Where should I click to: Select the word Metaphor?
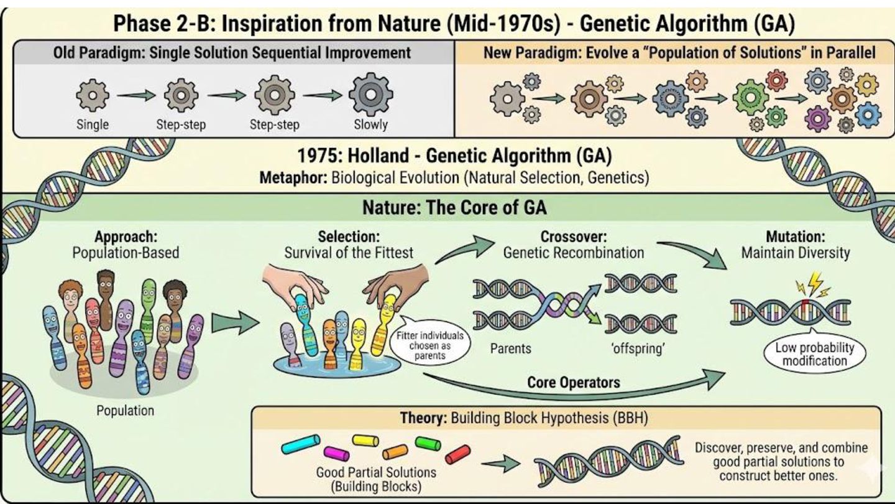click(x=293, y=177)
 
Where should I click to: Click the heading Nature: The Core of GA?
click(x=454, y=207)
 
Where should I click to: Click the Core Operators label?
click(x=573, y=381)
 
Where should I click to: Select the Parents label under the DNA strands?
click(x=510, y=348)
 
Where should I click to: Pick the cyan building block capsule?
click(x=301, y=444)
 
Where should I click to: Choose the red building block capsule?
click(x=458, y=454)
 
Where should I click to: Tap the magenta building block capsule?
click(x=336, y=454)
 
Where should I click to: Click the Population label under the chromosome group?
click(x=125, y=411)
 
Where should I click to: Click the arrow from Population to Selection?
click(x=234, y=323)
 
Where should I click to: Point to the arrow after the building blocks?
click(x=501, y=463)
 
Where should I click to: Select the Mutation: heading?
click(x=795, y=237)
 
